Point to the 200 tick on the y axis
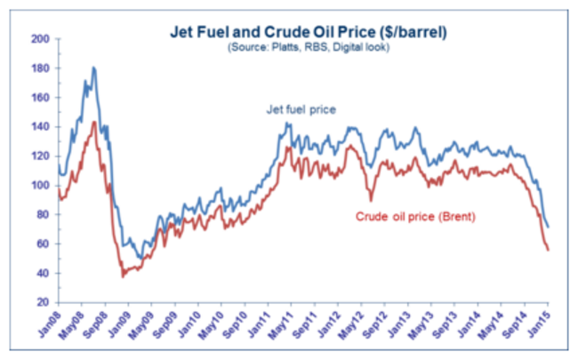point(40,39)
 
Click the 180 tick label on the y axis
point(40,68)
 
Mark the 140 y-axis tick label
point(40,127)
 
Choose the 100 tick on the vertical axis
point(40,186)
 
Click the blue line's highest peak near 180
point(93,68)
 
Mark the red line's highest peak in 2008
point(94,122)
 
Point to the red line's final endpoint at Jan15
point(548,250)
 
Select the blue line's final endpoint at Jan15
point(548,227)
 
